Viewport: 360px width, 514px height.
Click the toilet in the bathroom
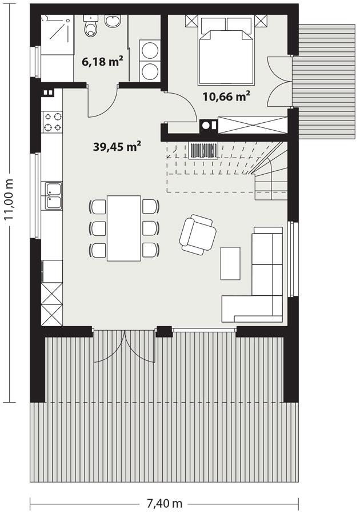91,27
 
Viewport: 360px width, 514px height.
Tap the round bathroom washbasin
112,22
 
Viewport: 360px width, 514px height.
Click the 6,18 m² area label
103,61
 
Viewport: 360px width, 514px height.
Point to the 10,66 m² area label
227,95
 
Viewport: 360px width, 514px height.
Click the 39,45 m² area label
117,146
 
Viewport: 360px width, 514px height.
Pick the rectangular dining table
124,228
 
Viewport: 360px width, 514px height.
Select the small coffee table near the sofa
230,263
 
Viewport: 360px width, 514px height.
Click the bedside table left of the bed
191,22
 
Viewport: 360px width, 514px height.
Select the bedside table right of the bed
261,22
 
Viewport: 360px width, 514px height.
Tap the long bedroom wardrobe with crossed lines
251,125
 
